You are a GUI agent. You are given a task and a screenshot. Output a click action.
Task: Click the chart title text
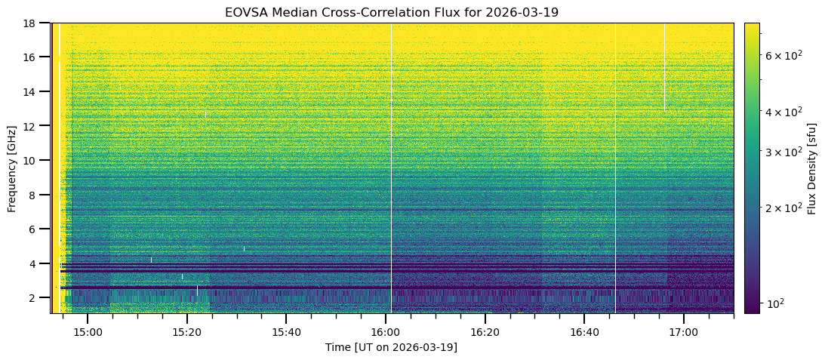[391, 13]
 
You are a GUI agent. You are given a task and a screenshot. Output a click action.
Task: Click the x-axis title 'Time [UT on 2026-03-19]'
[391, 347]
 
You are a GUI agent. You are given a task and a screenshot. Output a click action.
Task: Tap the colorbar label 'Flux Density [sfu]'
[812, 168]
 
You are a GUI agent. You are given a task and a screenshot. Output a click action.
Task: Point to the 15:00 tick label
[87, 332]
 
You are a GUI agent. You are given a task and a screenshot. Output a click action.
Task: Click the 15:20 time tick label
[186, 332]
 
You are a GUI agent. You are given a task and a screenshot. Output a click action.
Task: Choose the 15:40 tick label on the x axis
[286, 332]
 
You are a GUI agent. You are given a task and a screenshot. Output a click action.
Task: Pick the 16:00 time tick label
[385, 332]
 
